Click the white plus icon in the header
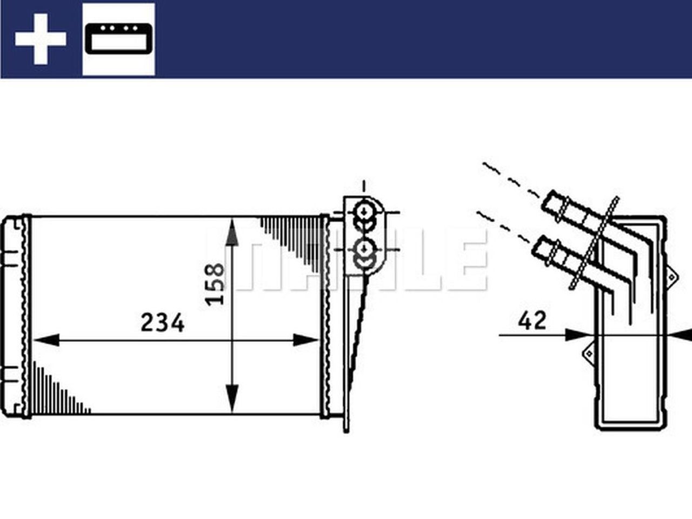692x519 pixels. (x=41, y=39)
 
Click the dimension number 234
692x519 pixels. (x=162, y=323)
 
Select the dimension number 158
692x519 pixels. (x=215, y=284)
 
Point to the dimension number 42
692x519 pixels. (x=532, y=321)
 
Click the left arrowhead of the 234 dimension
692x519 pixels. (x=46, y=340)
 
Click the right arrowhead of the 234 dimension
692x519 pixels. (x=306, y=340)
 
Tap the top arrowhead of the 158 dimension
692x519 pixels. (x=232, y=232)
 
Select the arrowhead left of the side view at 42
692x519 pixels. (x=575, y=335)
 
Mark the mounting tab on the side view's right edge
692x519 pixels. (x=672, y=275)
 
